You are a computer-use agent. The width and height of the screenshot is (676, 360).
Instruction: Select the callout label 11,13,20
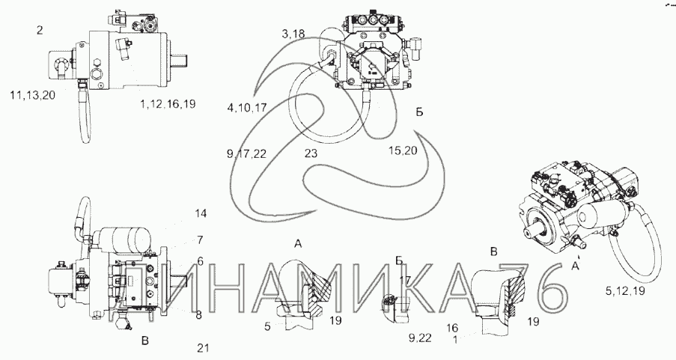click(x=34, y=95)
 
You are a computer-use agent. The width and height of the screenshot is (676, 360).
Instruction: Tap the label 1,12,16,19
click(x=168, y=103)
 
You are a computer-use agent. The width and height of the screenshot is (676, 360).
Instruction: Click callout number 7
click(x=199, y=240)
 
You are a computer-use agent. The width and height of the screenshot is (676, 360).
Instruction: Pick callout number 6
click(x=199, y=260)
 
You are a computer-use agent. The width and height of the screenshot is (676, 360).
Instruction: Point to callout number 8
click(x=198, y=315)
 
